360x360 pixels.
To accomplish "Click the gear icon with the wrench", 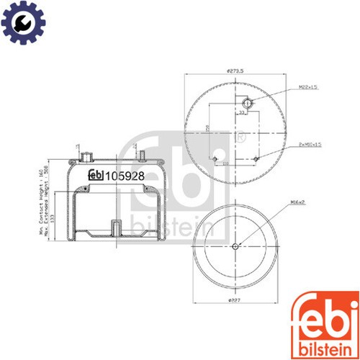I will point(23,21).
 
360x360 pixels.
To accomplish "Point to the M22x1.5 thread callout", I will point(309,88).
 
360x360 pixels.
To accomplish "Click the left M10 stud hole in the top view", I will point(216,158).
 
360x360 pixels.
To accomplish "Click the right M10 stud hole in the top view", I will point(257,158).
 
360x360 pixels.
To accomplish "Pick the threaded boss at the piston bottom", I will point(116,228).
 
